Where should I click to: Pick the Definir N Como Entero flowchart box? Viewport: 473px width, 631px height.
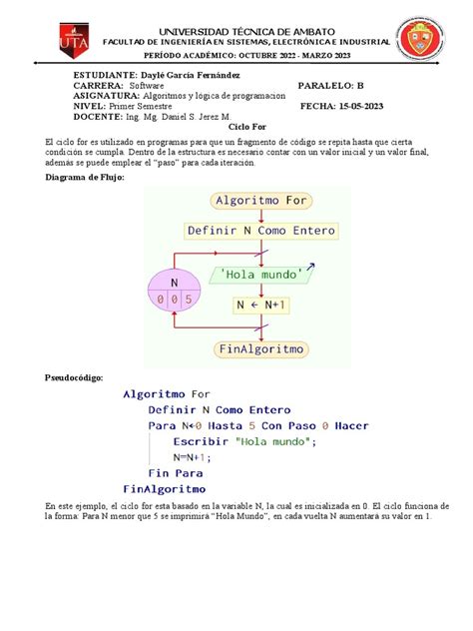258,231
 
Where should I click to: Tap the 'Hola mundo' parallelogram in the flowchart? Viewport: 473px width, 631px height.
258,273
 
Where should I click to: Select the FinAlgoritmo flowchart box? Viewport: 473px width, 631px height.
258,349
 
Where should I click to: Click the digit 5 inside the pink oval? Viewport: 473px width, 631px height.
203,298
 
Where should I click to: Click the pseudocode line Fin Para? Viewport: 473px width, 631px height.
175,472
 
